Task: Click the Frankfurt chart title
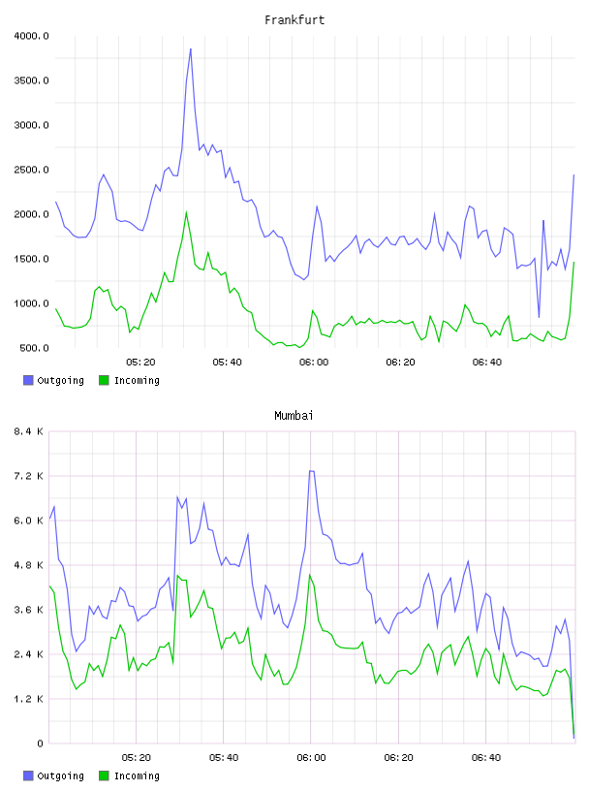click(294, 20)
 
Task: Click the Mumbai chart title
click(294, 416)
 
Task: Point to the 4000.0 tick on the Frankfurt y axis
click(31, 36)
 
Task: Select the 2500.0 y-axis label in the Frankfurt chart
click(31, 170)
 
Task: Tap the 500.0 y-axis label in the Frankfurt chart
click(34, 348)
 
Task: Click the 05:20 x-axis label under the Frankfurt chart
click(140, 363)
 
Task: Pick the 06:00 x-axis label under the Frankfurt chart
click(314, 363)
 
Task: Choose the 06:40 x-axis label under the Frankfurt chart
click(487, 363)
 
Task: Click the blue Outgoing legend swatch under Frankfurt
click(28, 380)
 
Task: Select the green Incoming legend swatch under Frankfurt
click(104, 380)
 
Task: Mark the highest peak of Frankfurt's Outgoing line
click(191, 48)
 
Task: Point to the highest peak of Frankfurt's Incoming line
click(186, 212)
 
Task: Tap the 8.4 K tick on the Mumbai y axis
click(29, 431)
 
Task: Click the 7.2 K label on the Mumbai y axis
click(29, 476)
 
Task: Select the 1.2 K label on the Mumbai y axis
click(29, 699)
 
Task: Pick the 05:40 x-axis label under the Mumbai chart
click(224, 758)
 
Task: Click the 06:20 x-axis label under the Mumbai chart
click(398, 758)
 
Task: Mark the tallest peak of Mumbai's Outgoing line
click(312, 471)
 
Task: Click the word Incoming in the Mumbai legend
click(137, 775)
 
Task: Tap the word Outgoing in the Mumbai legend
click(60, 775)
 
